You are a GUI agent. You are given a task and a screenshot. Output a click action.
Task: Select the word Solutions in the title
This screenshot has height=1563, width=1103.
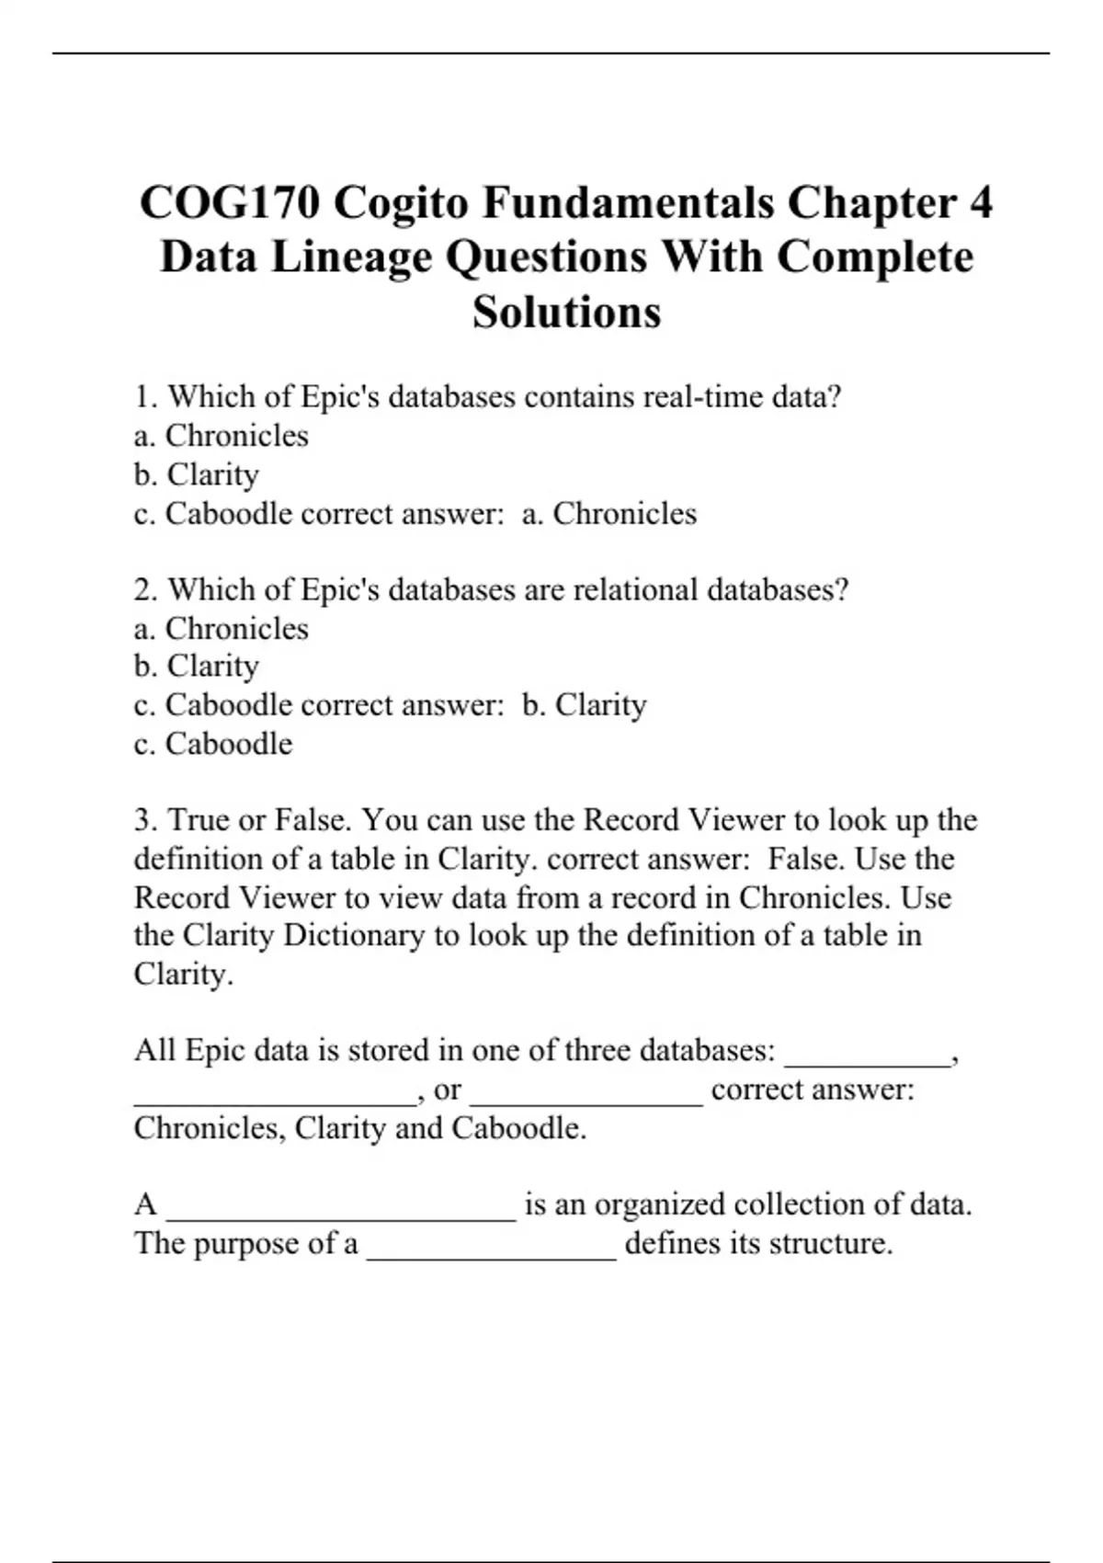click(567, 312)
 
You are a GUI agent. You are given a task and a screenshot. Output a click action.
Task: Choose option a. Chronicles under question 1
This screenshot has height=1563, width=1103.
click(222, 436)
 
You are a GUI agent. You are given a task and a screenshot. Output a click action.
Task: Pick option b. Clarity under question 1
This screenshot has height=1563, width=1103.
click(197, 474)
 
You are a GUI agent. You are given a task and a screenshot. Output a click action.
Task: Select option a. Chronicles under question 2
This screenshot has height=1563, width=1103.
click(222, 629)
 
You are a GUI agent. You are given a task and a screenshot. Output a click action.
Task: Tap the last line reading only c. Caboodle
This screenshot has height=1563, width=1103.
click(213, 744)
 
